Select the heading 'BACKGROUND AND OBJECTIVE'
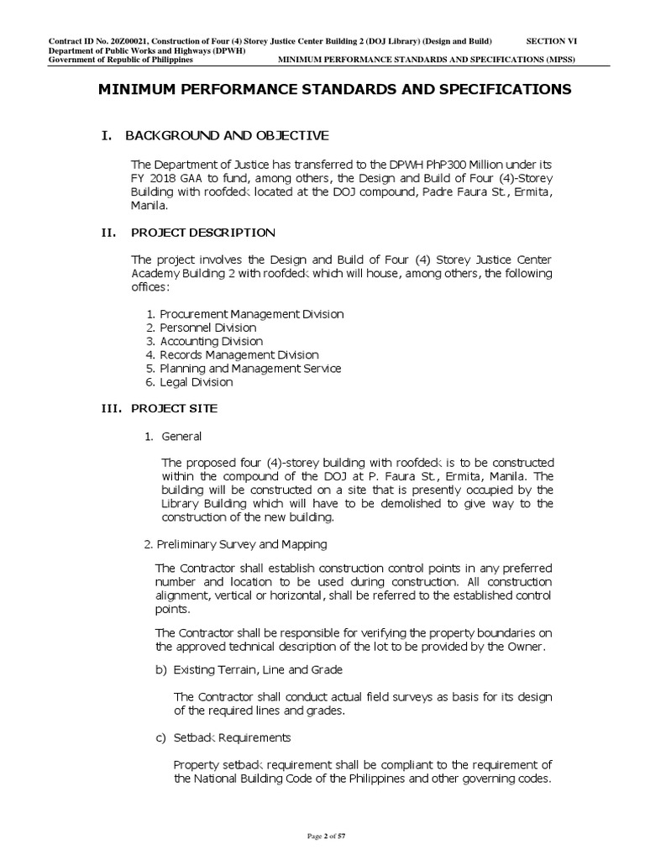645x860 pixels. (x=227, y=135)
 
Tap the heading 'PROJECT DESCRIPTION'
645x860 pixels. (x=202, y=232)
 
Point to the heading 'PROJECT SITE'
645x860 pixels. (x=174, y=408)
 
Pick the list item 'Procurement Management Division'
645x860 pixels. (x=251, y=314)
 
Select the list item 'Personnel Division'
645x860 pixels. (x=208, y=328)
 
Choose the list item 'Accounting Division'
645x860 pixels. (x=211, y=341)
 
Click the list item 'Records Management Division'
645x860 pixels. (x=239, y=355)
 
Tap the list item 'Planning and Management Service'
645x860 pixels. (x=250, y=369)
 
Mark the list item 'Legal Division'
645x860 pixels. (x=197, y=382)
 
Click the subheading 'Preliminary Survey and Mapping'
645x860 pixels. (x=242, y=545)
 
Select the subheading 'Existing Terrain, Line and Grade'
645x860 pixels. (x=258, y=669)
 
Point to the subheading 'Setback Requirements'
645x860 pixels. (x=232, y=737)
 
